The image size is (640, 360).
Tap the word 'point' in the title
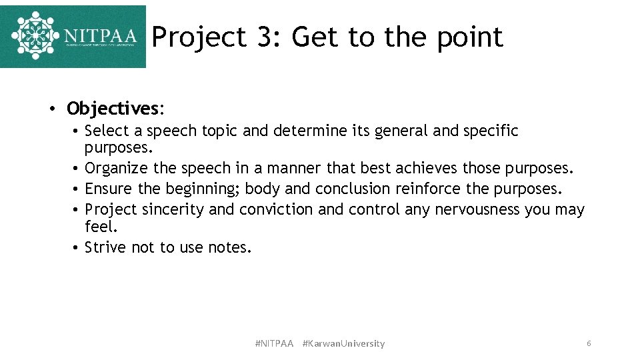click(x=470, y=38)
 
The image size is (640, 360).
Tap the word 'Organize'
click(x=117, y=168)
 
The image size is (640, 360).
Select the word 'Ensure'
click(x=109, y=189)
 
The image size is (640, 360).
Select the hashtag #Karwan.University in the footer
click(x=343, y=344)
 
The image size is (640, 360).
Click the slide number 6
click(x=589, y=343)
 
